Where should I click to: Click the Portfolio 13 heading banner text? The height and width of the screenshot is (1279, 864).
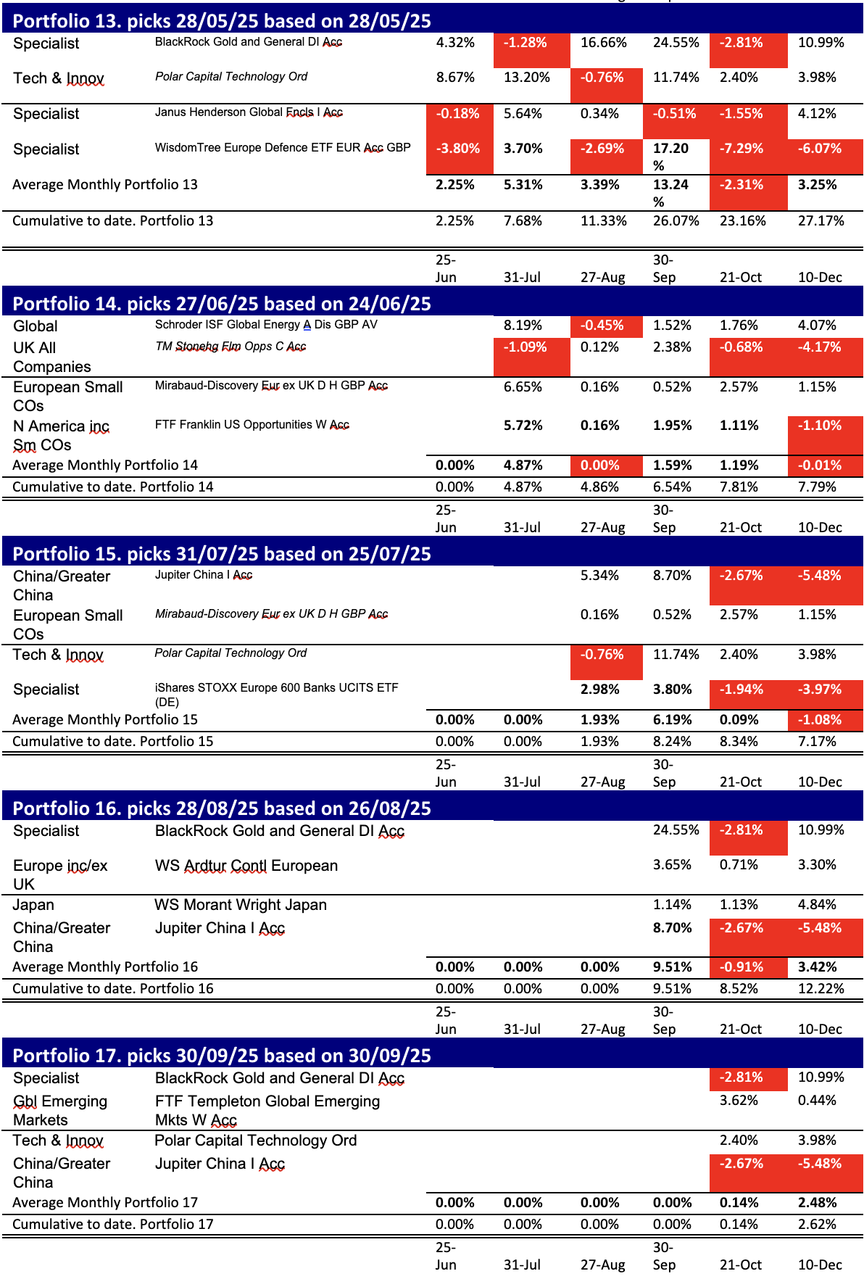[x=222, y=21]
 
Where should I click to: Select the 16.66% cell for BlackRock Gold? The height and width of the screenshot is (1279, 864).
[x=603, y=43]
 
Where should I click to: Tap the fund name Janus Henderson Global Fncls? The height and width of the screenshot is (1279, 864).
[x=249, y=112]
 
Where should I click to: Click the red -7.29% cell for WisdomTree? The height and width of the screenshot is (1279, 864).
[x=741, y=149]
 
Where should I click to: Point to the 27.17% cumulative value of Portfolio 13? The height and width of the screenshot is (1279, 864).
[x=821, y=221]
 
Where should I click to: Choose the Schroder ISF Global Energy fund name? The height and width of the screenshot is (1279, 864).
[x=266, y=325]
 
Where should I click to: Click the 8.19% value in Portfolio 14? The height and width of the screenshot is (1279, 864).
[x=523, y=326]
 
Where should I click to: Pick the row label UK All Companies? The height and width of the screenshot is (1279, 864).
[x=51, y=357]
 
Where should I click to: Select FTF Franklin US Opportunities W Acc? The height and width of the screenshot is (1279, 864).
[x=252, y=425]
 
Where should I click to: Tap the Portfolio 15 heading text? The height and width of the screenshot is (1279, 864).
[x=222, y=554]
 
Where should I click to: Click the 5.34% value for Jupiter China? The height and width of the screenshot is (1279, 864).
[x=599, y=576]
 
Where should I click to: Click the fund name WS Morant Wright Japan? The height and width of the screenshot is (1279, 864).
[x=241, y=905]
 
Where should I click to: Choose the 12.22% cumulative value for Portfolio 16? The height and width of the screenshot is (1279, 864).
[x=821, y=989]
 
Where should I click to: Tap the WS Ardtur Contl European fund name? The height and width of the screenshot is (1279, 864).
[x=246, y=866]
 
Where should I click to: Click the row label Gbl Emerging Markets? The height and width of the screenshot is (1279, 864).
[x=59, y=1111]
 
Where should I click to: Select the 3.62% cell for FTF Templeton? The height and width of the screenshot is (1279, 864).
[x=739, y=1101]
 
